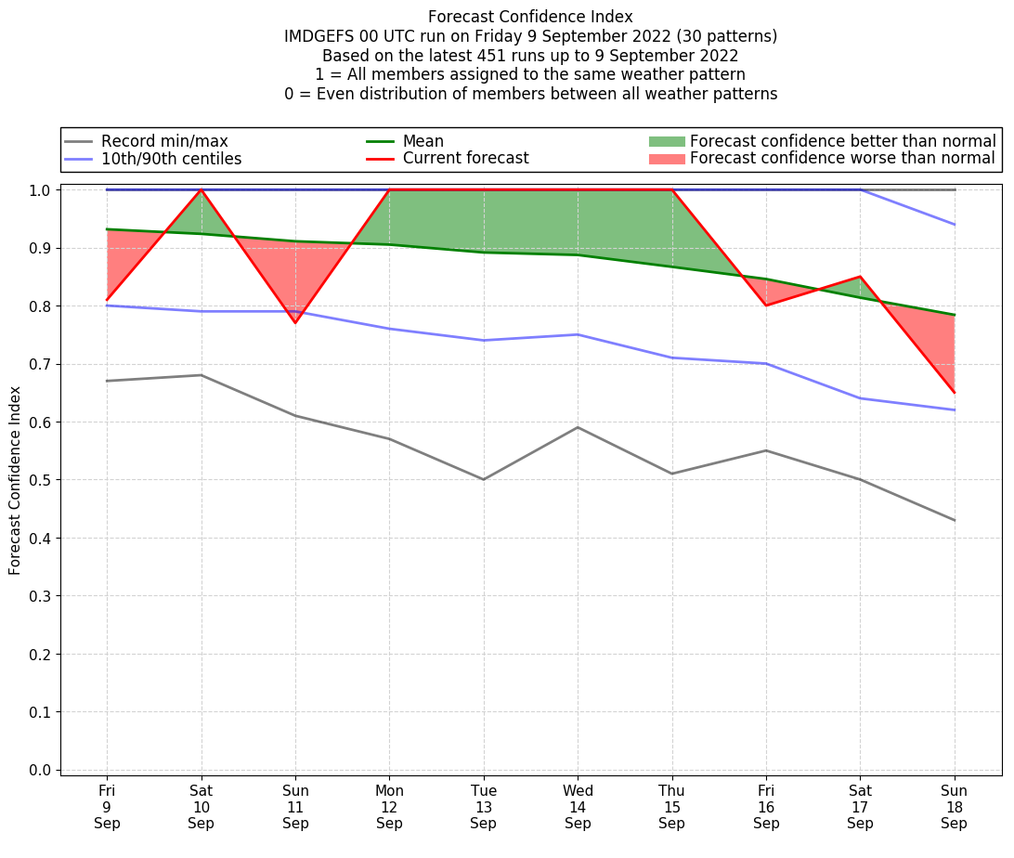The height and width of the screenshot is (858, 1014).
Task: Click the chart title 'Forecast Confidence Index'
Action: [x=530, y=17]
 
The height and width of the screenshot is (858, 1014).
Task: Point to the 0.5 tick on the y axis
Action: [x=40, y=480]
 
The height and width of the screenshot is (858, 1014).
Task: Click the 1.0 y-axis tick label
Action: [x=40, y=189]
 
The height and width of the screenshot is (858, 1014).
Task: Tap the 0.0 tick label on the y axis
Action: [x=40, y=770]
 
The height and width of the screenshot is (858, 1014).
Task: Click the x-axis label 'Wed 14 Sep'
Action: [x=578, y=807]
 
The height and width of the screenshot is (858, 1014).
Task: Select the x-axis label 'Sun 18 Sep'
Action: [x=954, y=807]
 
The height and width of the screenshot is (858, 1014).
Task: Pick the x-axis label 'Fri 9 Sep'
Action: [x=107, y=807]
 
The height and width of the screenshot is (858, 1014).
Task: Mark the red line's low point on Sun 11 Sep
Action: [x=295, y=322]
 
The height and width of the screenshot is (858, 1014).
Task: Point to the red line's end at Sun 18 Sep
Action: [x=954, y=392]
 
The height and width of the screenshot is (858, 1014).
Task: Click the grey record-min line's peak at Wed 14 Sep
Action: [x=578, y=427]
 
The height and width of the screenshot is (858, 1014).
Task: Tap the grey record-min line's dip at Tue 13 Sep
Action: [x=483, y=479]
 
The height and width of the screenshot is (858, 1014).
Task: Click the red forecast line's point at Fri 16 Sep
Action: [x=766, y=305]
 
